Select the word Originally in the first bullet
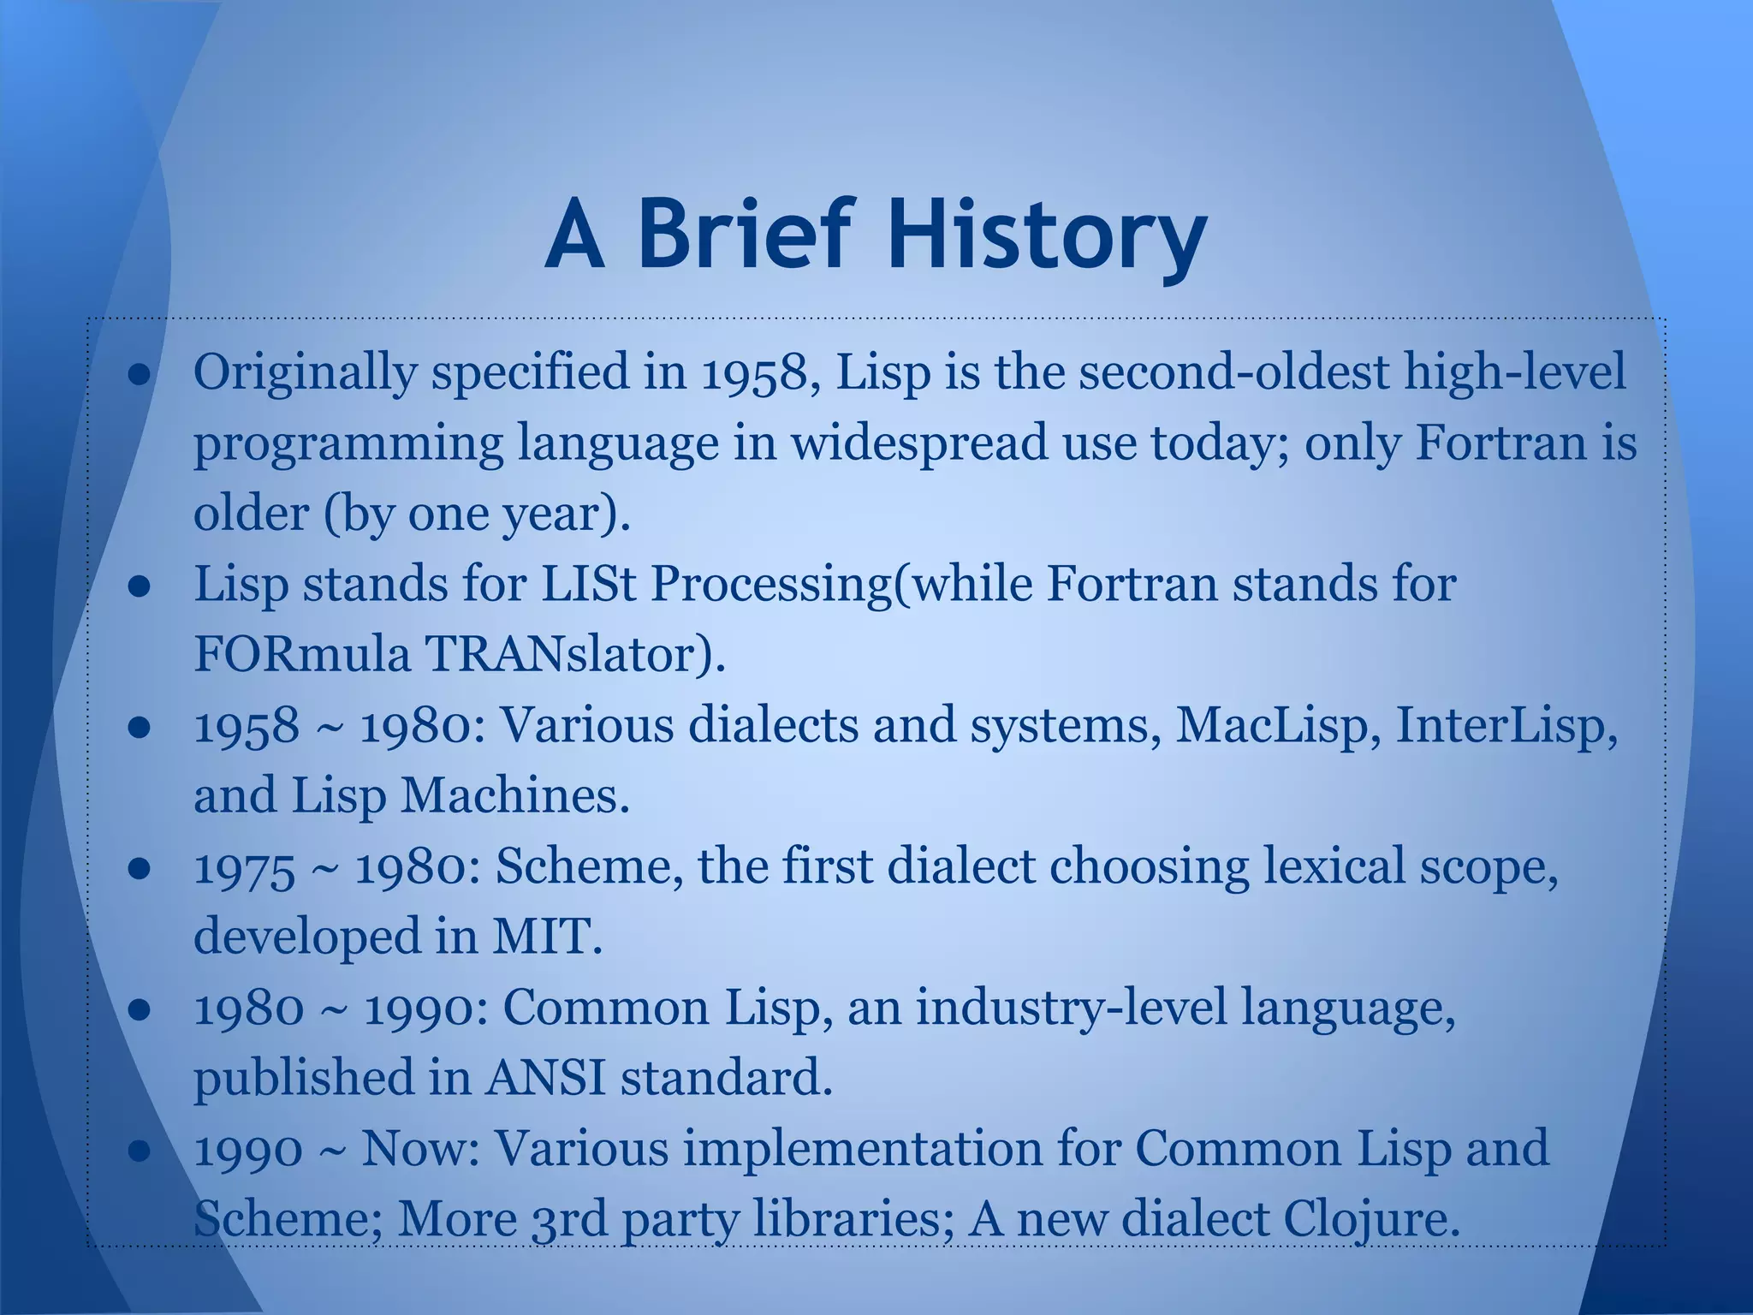306,373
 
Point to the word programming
348,445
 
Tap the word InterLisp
1506,726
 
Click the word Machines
514,796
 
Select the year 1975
245,867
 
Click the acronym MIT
546,937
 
